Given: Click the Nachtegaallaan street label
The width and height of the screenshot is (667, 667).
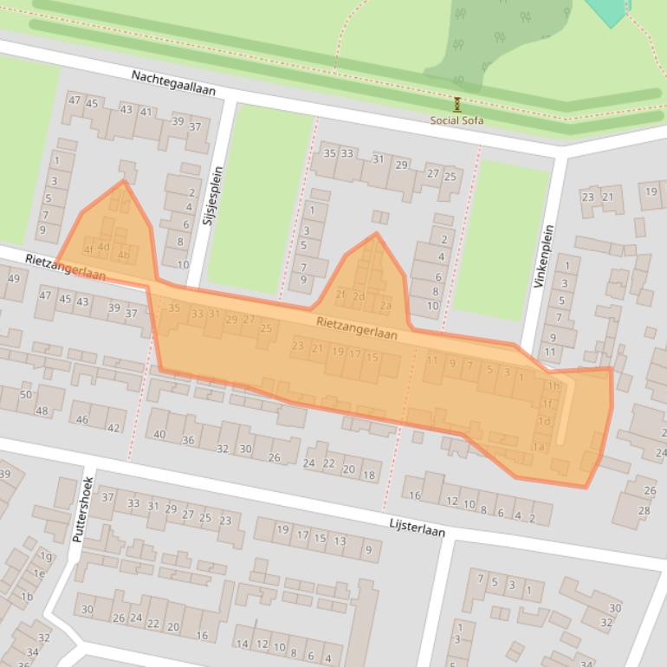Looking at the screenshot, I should click(x=173, y=83).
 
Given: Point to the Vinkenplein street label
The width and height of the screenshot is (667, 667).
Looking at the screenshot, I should click(x=543, y=256).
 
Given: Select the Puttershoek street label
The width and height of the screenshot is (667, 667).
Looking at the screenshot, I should click(x=82, y=509).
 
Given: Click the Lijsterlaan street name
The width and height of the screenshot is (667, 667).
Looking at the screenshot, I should click(x=417, y=527).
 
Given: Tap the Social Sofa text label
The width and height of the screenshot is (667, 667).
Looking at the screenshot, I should click(x=457, y=120).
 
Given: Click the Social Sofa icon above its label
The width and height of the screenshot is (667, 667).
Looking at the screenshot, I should click(x=457, y=104).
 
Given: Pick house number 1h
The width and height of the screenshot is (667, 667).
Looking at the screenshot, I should click(x=553, y=386).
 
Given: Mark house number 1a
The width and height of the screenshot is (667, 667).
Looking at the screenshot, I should click(x=538, y=447).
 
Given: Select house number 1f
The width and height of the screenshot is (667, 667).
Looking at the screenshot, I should click(x=547, y=404).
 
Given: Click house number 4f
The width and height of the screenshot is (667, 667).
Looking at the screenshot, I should click(x=87, y=249).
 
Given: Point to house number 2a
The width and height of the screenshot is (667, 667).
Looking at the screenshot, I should click(x=385, y=305).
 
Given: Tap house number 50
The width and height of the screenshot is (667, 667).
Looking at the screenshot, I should click(x=26, y=395).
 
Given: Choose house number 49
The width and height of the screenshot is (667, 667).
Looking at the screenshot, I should click(x=13, y=279).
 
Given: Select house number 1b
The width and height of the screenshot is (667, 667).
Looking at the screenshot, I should click(x=26, y=597).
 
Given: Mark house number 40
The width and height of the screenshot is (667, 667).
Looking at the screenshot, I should click(x=159, y=435).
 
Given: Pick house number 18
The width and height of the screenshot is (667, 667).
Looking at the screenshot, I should click(x=369, y=475).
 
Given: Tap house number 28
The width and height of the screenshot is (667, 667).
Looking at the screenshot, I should click(x=644, y=510).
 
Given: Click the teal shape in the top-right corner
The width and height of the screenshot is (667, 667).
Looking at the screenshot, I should click(x=609, y=10).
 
